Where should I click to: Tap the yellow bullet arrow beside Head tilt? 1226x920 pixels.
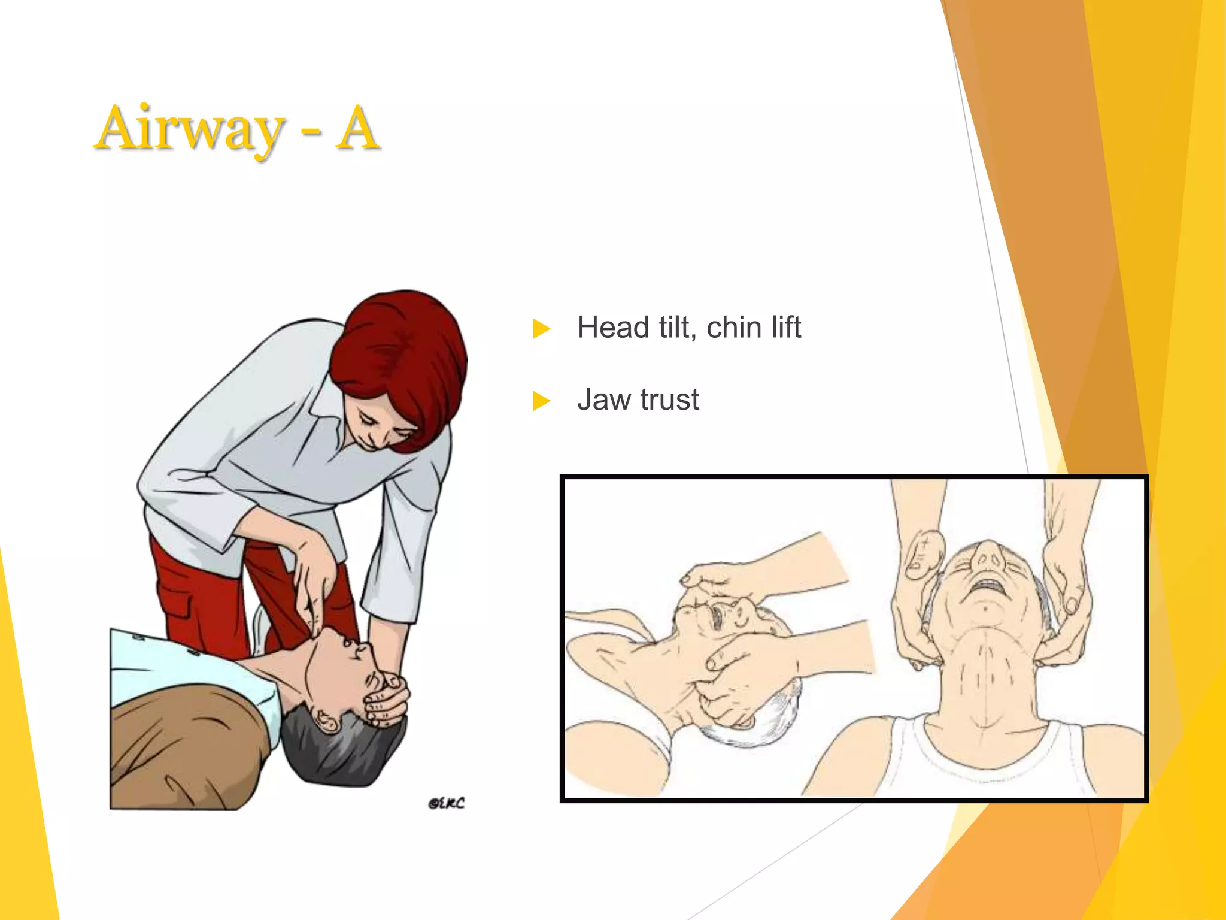(x=541, y=328)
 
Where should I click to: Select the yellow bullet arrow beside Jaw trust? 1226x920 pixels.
(x=541, y=400)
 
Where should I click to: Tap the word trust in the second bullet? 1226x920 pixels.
(x=669, y=400)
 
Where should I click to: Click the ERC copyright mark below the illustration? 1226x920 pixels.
(x=446, y=803)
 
